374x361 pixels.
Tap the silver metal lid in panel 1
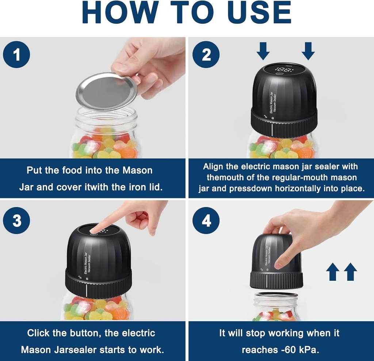pyautogui.click(x=106, y=91)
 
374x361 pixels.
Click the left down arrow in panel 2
pyautogui.click(x=263, y=51)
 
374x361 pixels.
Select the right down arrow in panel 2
pyautogui.click(x=308, y=51)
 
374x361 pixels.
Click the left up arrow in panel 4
pyautogui.click(x=332, y=272)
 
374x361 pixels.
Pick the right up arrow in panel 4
pyautogui.click(x=350, y=272)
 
